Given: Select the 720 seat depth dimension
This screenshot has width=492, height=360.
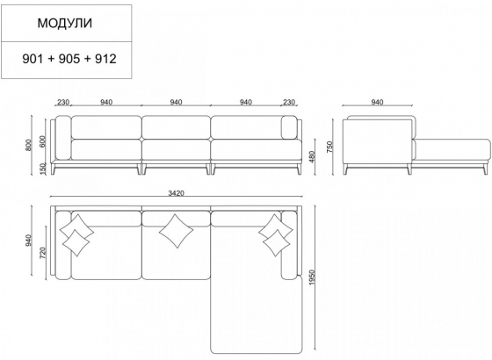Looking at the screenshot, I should pos(41,256).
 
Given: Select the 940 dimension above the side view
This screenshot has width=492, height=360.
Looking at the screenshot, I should pos(378,103).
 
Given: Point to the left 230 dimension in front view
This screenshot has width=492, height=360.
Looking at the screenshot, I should pos(63,103).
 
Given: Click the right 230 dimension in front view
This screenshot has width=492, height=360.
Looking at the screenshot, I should pos(288,103).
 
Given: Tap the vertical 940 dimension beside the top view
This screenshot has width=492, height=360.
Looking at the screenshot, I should pos(30,239).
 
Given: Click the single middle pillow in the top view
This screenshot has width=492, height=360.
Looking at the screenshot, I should pos(177,232).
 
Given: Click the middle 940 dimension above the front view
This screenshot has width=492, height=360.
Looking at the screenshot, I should pos(176,103).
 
